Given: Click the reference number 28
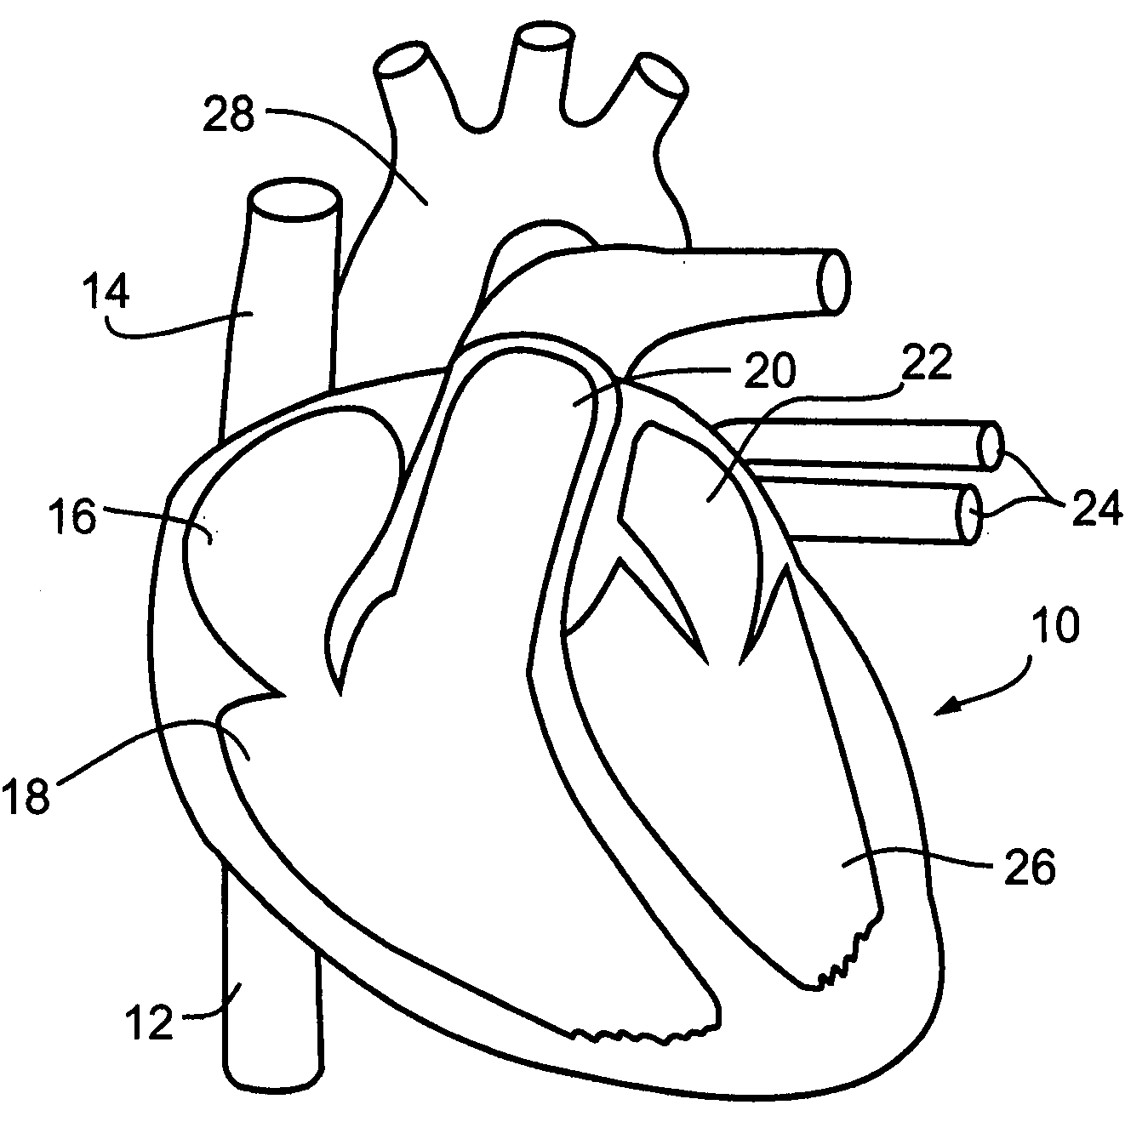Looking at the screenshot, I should click(229, 116).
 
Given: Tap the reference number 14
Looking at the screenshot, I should click(106, 293).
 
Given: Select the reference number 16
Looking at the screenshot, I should click(72, 518).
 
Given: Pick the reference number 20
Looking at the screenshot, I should click(769, 370).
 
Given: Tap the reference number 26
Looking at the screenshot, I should click(1030, 868).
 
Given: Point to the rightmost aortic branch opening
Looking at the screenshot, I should click(661, 76).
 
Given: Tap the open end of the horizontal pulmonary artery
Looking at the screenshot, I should click(832, 282).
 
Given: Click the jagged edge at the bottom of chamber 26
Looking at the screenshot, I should click(847, 957).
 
